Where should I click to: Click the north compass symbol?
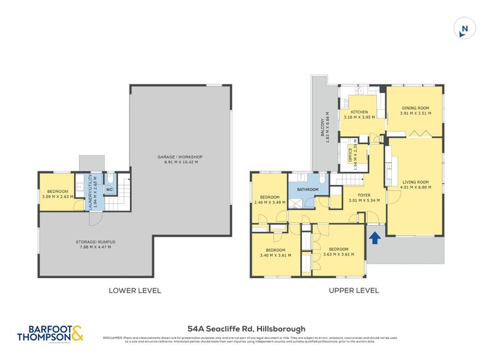pyautogui.click(x=465, y=28)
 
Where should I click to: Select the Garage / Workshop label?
pyautogui.click(x=180, y=157)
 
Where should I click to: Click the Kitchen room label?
pyautogui.click(x=359, y=112)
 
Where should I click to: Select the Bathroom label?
pyautogui.click(x=306, y=190)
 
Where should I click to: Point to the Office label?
pyautogui.click(x=349, y=153)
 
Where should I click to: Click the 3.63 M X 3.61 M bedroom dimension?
pyautogui.click(x=339, y=255)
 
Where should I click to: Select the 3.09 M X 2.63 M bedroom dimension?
pyautogui.click(x=56, y=197)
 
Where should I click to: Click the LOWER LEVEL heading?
pyautogui.click(x=134, y=290)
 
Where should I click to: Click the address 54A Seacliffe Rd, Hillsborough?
pyautogui.click(x=246, y=329)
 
